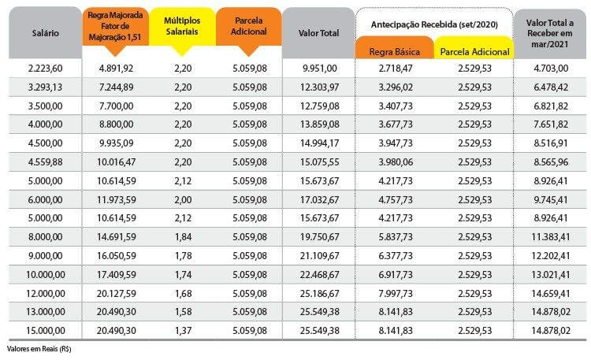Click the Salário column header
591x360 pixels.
point(45,33)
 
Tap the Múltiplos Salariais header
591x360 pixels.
point(182,26)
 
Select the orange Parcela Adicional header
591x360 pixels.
point(249,26)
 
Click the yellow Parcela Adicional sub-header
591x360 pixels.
point(474,52)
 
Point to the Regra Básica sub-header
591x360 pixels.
point(394,52)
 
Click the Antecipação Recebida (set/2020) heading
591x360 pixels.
point(434,25)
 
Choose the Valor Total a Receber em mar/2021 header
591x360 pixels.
point(550,33)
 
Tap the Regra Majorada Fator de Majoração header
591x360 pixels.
point(115,26)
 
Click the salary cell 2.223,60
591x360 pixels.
point(45,69)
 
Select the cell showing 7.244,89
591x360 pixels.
point(116,87)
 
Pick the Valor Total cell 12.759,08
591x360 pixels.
point(320,106)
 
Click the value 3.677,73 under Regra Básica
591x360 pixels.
point(396,124)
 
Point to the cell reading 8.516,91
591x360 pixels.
point(551,143)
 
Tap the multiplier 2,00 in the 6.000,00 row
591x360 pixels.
point(183,200)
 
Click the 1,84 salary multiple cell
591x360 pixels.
point(183,237)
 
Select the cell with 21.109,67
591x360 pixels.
point(320,256)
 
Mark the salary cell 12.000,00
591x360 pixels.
point(45,294)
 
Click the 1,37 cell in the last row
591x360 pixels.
point(183,331)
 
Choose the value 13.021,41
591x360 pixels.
point(551,275)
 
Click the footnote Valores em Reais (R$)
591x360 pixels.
point(39,349)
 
